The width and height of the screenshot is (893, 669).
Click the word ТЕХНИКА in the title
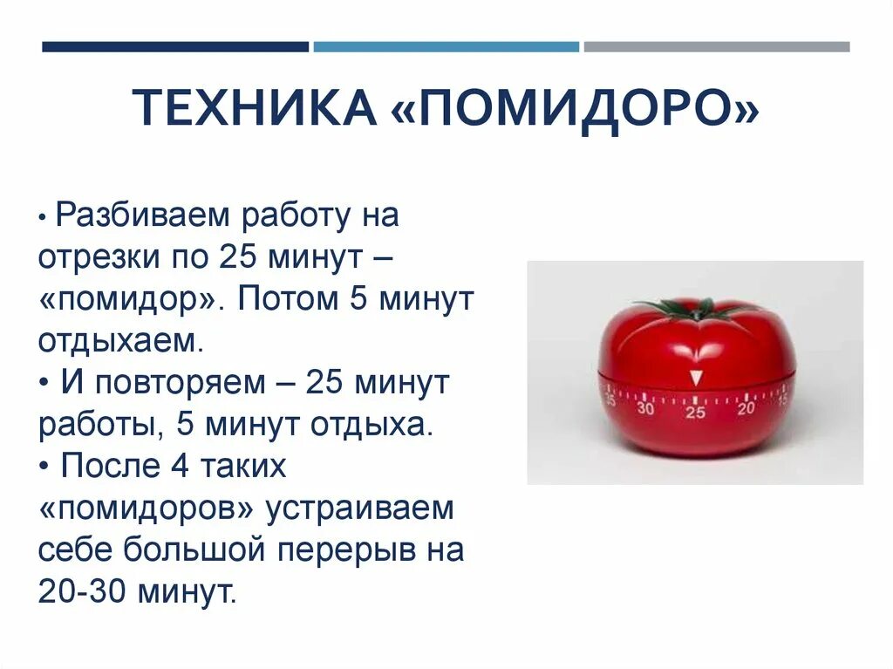tap(254, 108)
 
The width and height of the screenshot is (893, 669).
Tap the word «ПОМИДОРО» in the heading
tap(576, 108)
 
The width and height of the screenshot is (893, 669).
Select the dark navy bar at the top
tap(175, 47)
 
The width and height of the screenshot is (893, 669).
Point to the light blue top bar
tap(446, 47)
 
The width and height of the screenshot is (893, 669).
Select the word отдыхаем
tap(120, 340)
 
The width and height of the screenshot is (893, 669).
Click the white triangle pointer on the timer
tap(695, 378)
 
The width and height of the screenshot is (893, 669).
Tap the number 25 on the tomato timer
tap(695, 412)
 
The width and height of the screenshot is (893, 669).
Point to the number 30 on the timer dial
tap(645, 407)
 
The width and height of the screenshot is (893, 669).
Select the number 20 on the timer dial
tap(746, 406)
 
